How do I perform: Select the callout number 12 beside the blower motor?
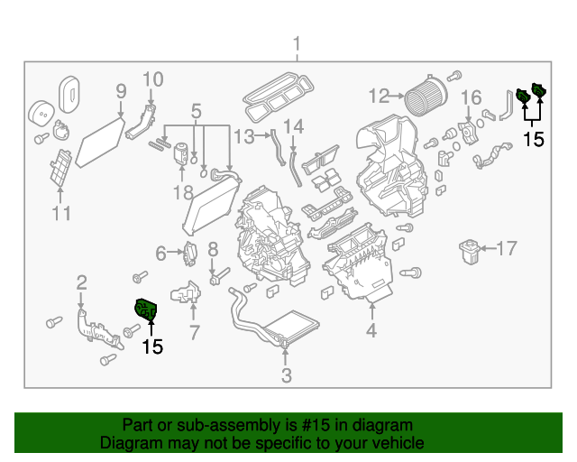378,95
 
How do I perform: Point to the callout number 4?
371,331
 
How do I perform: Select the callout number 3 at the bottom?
287,376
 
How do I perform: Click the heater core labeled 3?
290,327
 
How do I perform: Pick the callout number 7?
193,334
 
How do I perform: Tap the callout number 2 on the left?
81,282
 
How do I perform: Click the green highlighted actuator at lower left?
145,310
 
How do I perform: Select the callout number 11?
61,213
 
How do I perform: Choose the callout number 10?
152,79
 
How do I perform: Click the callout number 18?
183,192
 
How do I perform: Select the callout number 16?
472,97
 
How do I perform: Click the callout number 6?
161,254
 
